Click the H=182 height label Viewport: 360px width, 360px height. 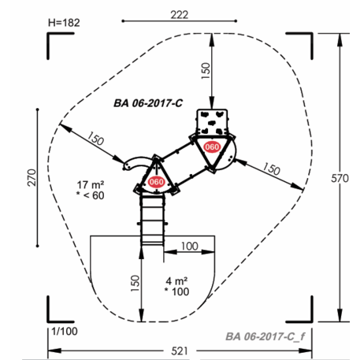64,23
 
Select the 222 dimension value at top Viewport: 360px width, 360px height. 180,15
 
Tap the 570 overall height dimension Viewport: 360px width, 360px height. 340,178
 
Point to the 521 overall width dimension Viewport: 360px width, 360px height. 180,351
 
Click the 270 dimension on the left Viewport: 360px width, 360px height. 32,178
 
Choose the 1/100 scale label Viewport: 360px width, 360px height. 65,332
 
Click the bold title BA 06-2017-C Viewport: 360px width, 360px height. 148,103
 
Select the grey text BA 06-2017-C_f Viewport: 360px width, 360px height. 265,336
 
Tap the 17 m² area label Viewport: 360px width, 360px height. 91,185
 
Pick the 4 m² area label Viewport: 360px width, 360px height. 176,281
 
